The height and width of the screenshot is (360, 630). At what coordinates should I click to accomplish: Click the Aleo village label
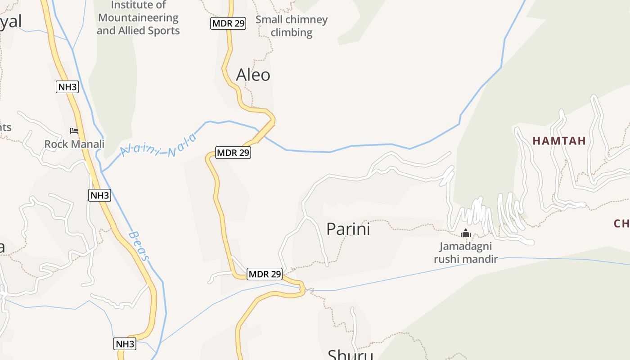pyautogui.click(x=253, y=75)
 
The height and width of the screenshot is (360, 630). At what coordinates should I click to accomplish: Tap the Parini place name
pyautogui.click(x=348, y=229)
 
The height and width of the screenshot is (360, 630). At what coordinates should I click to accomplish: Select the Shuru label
pyautogui.click(x=350, y=355)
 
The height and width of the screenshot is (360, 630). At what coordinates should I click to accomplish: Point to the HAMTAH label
pyautogui.click(x=559, y=141)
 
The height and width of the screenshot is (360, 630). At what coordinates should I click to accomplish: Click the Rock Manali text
pyautogui.click(x=74, y=144)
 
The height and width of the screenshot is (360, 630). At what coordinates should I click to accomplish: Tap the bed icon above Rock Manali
pyautogui.click(x=74, y=131)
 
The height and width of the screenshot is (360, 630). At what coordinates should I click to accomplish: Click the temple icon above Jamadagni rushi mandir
pyautogui.click(x=466, y=234)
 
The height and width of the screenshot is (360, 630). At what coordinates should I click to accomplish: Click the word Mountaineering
pyautogui.click(x=138, y=18)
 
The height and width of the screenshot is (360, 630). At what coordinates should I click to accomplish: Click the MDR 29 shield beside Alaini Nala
pyautogui.click(x=233, y=153)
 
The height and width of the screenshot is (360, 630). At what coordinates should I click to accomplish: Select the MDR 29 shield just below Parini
pyautogui.click(x=265, y=274)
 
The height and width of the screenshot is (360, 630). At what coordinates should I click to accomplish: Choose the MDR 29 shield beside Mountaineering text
pyautogui.click(x=228, y=23)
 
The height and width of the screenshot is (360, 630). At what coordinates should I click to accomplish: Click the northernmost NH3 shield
pyautogui.click(x=67, y=87)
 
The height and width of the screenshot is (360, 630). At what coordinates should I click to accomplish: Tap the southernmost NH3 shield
pyautogui.click(x=125, y=344)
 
